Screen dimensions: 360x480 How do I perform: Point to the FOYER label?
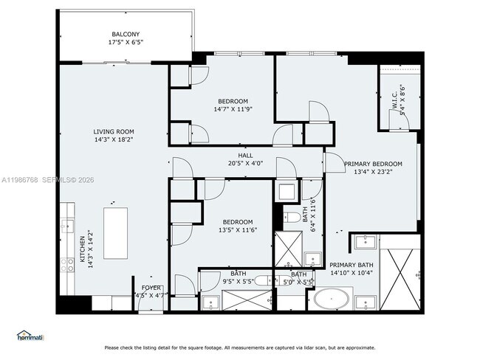[x=151, y=288]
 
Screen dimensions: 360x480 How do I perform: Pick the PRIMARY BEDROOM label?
[x=373, y=164]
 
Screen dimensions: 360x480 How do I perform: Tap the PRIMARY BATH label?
[x=352, y=266]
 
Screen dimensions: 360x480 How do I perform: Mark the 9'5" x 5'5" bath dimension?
[x=237, y=282]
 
